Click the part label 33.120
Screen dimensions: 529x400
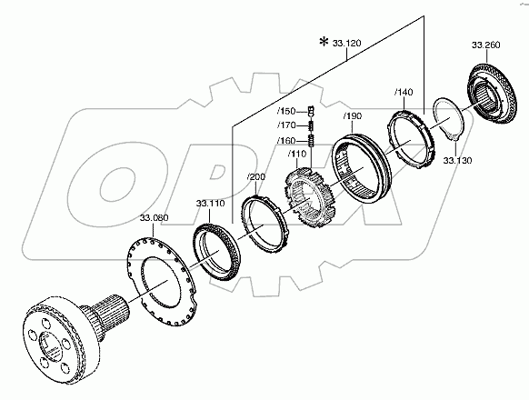pyautogui.click(x=346, y=44)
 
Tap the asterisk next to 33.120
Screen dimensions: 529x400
pyautogui.click(x=324, y=42)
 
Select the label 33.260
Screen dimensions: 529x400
pyautogui.click(x=485, y=45)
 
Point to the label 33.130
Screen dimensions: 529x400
pyautogui.click(x=457, y=160)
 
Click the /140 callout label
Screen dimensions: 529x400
pyautogui.click(x=404, y=92)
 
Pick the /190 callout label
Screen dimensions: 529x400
pyautogui.click(x=353, y=116)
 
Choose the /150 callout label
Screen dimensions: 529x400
pyautogui.click(x=286, y=111)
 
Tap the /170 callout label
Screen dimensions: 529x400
pyautogui.click(x=286, y=125)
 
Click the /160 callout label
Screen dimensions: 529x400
pyautogui.click(x=286, y=140)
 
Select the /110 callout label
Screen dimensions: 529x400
pyautogui.click(x=297, y=154)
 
